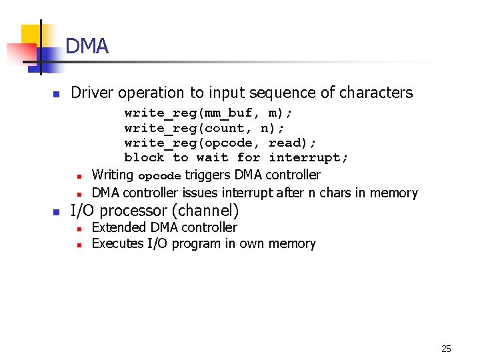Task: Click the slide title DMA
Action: [x=87, y=47]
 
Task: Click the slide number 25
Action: [x=446, y=349]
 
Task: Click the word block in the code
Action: [x=144, y=158]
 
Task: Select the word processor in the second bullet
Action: [x=131, y=211]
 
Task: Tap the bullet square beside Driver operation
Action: [x=57, y=94]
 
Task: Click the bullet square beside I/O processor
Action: [x=57, y=213]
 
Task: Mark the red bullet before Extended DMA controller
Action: [x=79, y=229]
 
